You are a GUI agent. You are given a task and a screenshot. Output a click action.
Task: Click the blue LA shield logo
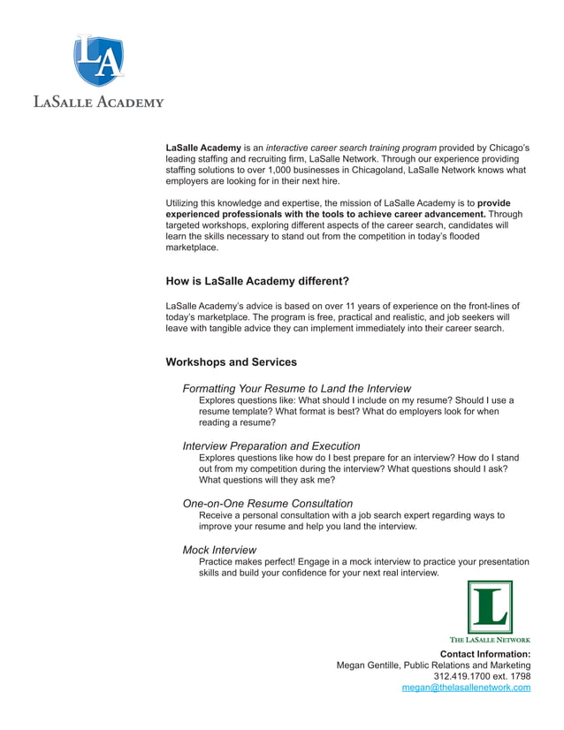pos(98,60)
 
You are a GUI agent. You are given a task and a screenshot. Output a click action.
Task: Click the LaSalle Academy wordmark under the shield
pos(98,102)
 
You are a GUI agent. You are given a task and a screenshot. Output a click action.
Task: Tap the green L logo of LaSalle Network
pos(490,607)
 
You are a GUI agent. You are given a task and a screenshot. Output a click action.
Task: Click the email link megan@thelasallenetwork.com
pos(466,688)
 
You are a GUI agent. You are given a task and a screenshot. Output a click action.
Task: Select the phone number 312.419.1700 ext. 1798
pos(482,676)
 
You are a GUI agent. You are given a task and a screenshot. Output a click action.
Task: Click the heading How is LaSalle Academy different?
pos(257,282)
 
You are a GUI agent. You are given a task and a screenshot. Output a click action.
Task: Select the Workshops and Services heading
pos(231,362)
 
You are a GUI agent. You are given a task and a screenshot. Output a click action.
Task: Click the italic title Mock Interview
pos(219,550)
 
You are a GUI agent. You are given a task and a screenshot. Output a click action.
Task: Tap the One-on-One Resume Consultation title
pos(268,504)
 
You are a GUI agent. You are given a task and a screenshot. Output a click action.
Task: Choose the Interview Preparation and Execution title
pos(271,446)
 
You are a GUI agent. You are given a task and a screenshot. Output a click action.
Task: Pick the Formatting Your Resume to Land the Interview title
pos(296,389)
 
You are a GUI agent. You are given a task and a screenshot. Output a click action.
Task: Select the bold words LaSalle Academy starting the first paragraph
pos(203,148)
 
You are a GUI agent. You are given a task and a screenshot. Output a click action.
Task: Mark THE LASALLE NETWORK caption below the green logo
pos(490,639)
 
